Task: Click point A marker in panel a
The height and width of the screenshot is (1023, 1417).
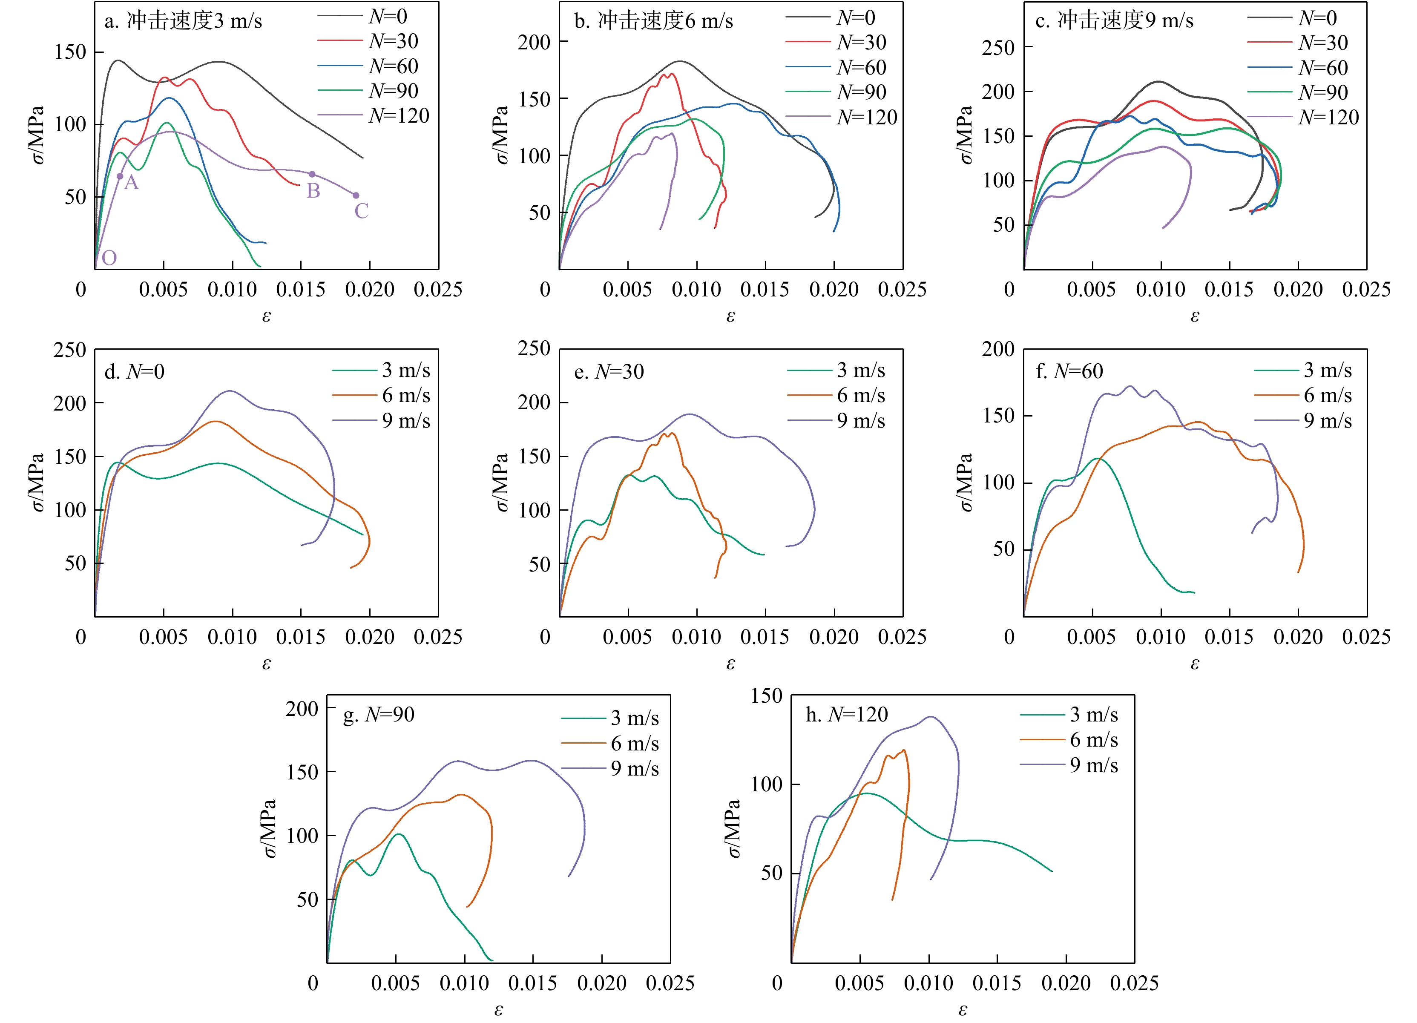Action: point(120,176)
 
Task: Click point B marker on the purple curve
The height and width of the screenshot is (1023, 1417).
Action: point(312,174)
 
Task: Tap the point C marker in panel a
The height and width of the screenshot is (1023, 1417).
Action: point(356,195)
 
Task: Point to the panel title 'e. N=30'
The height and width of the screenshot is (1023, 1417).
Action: point(609,372)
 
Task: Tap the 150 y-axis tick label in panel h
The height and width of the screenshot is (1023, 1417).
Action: point(766,695)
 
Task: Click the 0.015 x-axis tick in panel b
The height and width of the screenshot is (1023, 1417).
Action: point(765,289)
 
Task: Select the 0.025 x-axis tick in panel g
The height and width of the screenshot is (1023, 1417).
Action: point(670,983)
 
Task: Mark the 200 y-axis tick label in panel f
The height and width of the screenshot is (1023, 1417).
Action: point(998,349)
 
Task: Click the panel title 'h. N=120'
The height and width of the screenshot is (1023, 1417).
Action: point(847,714)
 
